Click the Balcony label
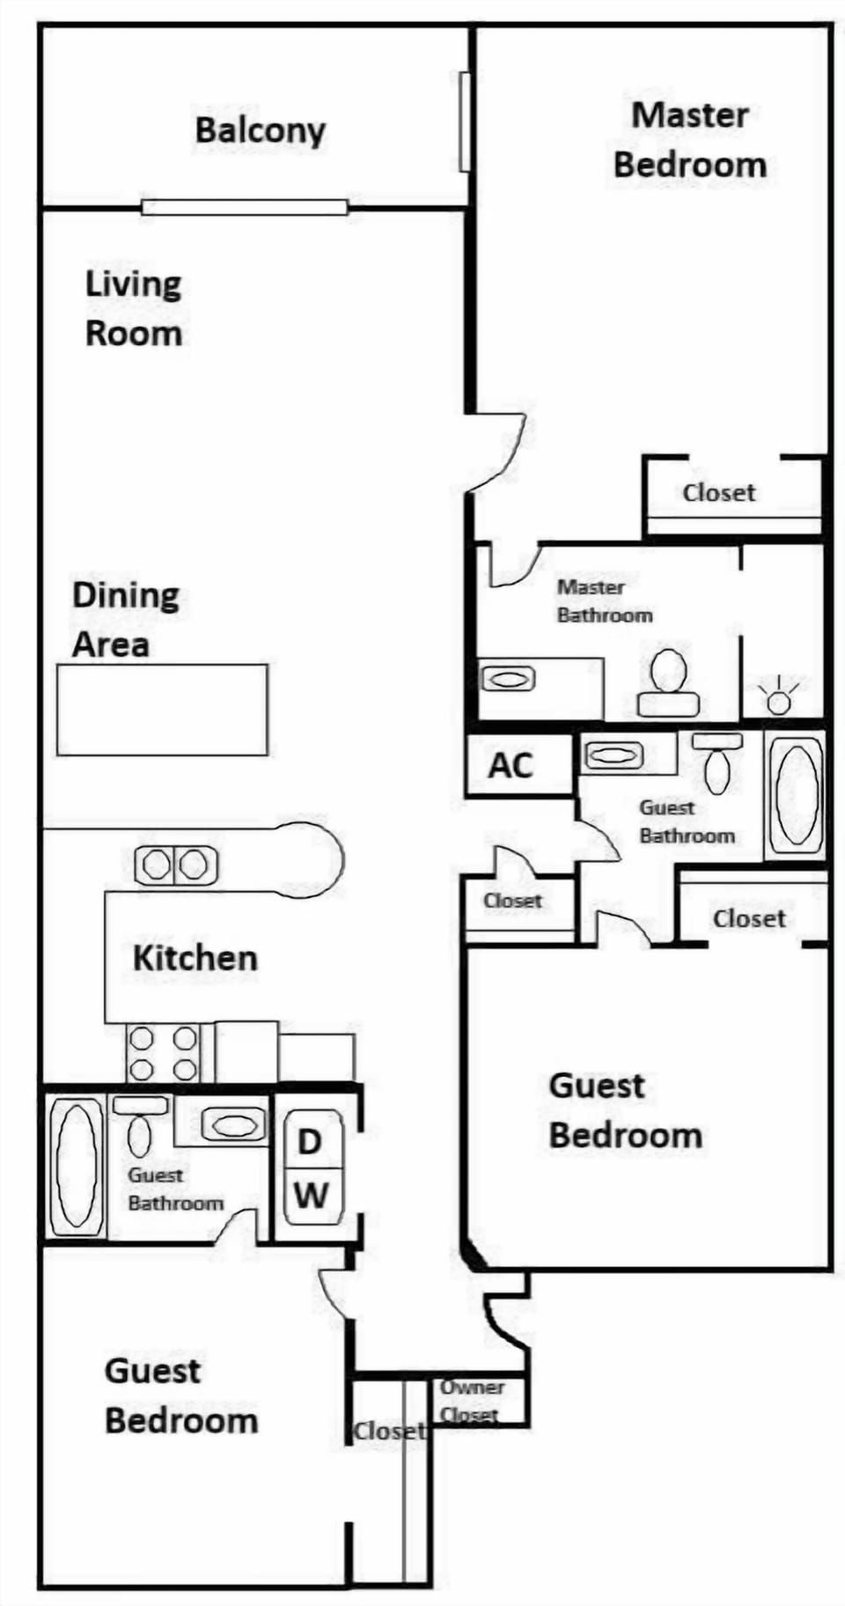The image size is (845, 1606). (x=260, y=131)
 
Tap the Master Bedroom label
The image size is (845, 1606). (x=690, y=140)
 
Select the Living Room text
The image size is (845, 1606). (x=134, y=308)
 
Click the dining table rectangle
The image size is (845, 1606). (x=162, y=710)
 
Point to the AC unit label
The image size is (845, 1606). (x=511, y=765)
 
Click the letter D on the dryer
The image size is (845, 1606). (x=309, y=1142)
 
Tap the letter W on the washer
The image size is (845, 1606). (x=311, y=1196)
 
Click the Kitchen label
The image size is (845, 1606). (x=195, y=958)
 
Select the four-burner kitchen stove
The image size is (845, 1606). (x=163, y=1053)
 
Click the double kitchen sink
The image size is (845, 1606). (x=176, y=865)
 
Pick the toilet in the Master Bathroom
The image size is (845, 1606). (x=669, y=682)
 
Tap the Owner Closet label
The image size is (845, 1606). (x=471, y=1401)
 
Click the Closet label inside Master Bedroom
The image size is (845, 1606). (x=718, y=492)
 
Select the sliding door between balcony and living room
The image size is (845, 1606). (x=245, y=208)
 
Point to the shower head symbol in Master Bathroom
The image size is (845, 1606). (x=778, y=696)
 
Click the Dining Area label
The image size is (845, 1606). (x=126, y=620)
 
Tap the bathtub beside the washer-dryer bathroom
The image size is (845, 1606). (x=76, y=1166)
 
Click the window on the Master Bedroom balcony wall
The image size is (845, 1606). (x=465, y=122)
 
